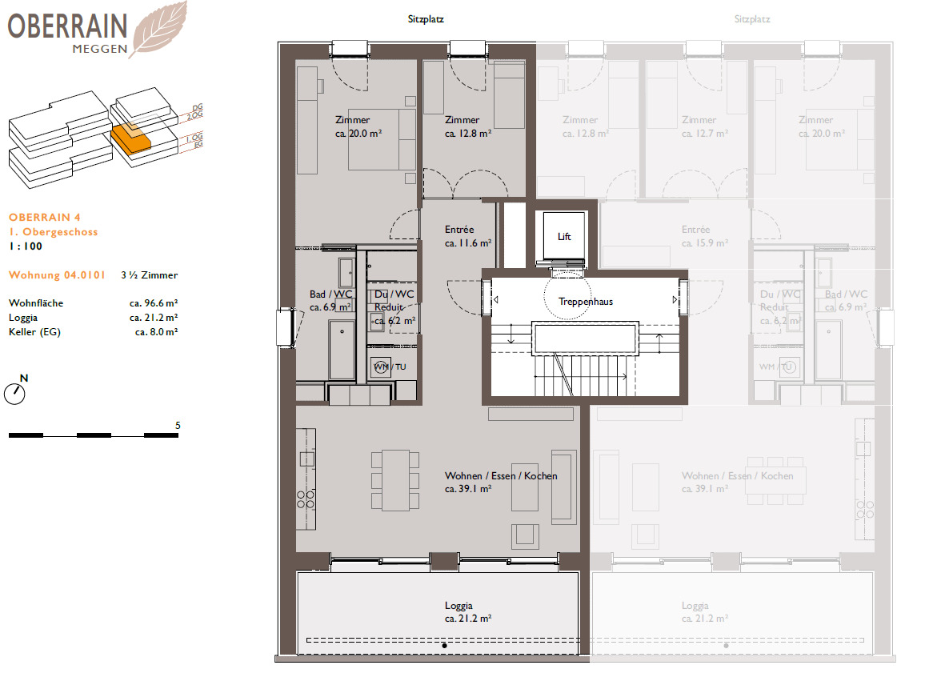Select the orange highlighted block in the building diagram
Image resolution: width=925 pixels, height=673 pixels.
tap(130, 141)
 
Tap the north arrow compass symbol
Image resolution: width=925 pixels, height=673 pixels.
tap(14, 393)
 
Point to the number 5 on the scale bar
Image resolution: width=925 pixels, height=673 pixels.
tap(177, 426)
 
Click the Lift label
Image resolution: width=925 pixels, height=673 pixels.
tap(565, 237)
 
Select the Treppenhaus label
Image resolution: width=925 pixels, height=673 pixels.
tap(586, 302)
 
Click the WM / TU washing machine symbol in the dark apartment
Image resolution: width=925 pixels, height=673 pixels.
tap(381, 367)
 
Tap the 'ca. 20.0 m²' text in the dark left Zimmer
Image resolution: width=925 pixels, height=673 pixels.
tap(352, 134)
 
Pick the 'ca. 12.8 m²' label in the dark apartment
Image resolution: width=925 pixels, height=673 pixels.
tap(468, 134)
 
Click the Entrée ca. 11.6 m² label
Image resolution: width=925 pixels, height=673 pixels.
tap(467, 236)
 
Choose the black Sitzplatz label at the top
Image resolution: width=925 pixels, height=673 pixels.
tap(426, 18)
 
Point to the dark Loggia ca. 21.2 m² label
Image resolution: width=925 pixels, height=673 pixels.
tap(467, 612)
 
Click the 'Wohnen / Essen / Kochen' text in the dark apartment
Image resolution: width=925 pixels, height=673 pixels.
tap(501, 475)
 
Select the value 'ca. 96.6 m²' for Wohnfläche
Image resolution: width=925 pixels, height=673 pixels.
tap(153, 303)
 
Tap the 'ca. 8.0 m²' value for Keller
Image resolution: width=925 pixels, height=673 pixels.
tap(156, 331)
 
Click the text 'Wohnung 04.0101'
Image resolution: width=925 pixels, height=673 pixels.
tap(57, 275)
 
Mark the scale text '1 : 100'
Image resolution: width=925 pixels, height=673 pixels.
tap(26, 246)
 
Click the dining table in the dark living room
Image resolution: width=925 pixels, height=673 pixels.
tap(394, 480)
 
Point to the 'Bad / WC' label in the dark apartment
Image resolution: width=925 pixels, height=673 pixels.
tap(330, 294)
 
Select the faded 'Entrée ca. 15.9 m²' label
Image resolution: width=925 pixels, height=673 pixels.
tap(695, 236)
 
